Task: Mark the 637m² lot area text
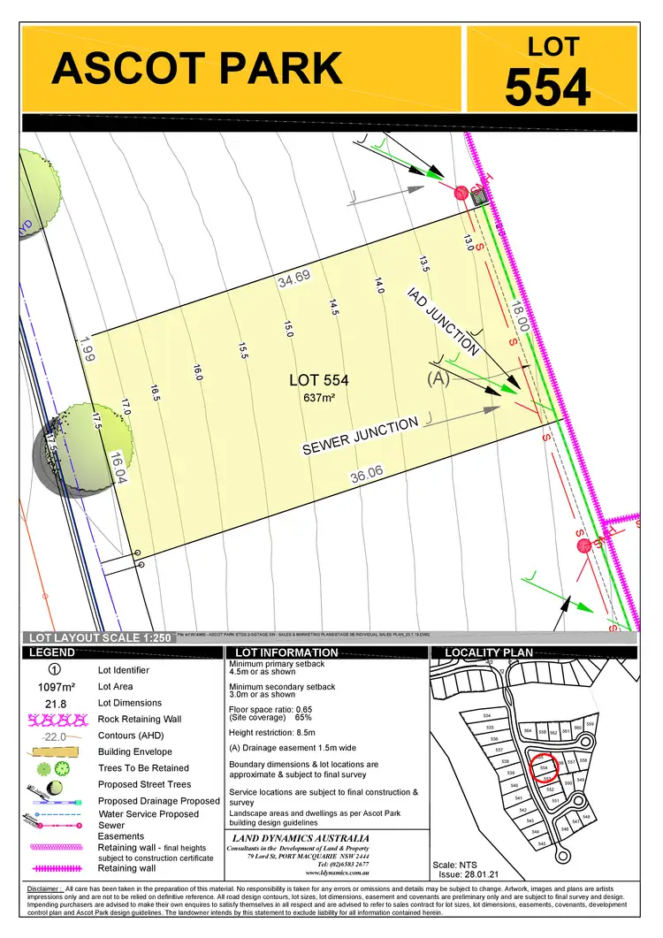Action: coord(319,398)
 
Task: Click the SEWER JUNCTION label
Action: coord(360,436)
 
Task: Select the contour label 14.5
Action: coord(334,307)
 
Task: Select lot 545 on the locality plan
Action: coord(542,843)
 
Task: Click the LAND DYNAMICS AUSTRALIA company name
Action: coord(301,838)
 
